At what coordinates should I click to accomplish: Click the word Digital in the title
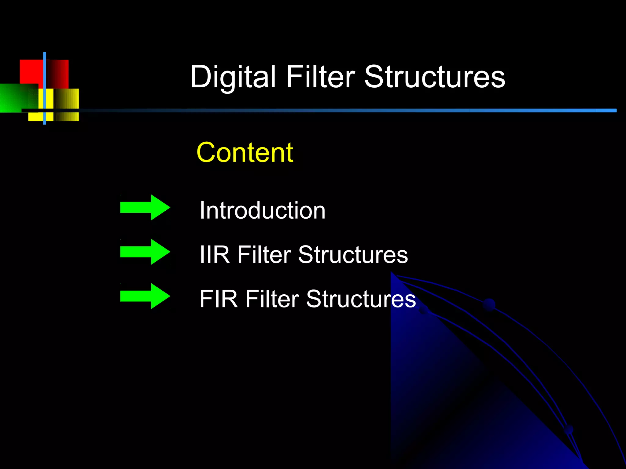point(233,77)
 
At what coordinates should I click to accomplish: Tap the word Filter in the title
point(320,77)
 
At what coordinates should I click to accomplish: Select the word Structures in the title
point(435,77)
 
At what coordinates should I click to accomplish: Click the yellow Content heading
point(245,152)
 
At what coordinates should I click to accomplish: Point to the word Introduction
point(262,210)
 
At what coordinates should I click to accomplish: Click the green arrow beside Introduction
point(145,207)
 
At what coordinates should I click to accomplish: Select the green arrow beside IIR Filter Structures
point(145,252)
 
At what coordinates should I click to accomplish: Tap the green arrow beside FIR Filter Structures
point(145,296)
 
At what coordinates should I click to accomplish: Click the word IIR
point(214,255)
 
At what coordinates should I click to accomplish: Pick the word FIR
point(218,299)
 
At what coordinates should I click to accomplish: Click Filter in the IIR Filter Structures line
point(264,255)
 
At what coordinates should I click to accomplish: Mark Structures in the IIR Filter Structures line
point(353,255)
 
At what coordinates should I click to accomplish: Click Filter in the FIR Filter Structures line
point(272,299)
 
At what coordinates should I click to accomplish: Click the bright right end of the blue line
point(607,110)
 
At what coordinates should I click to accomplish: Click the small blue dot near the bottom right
point(568,430)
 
